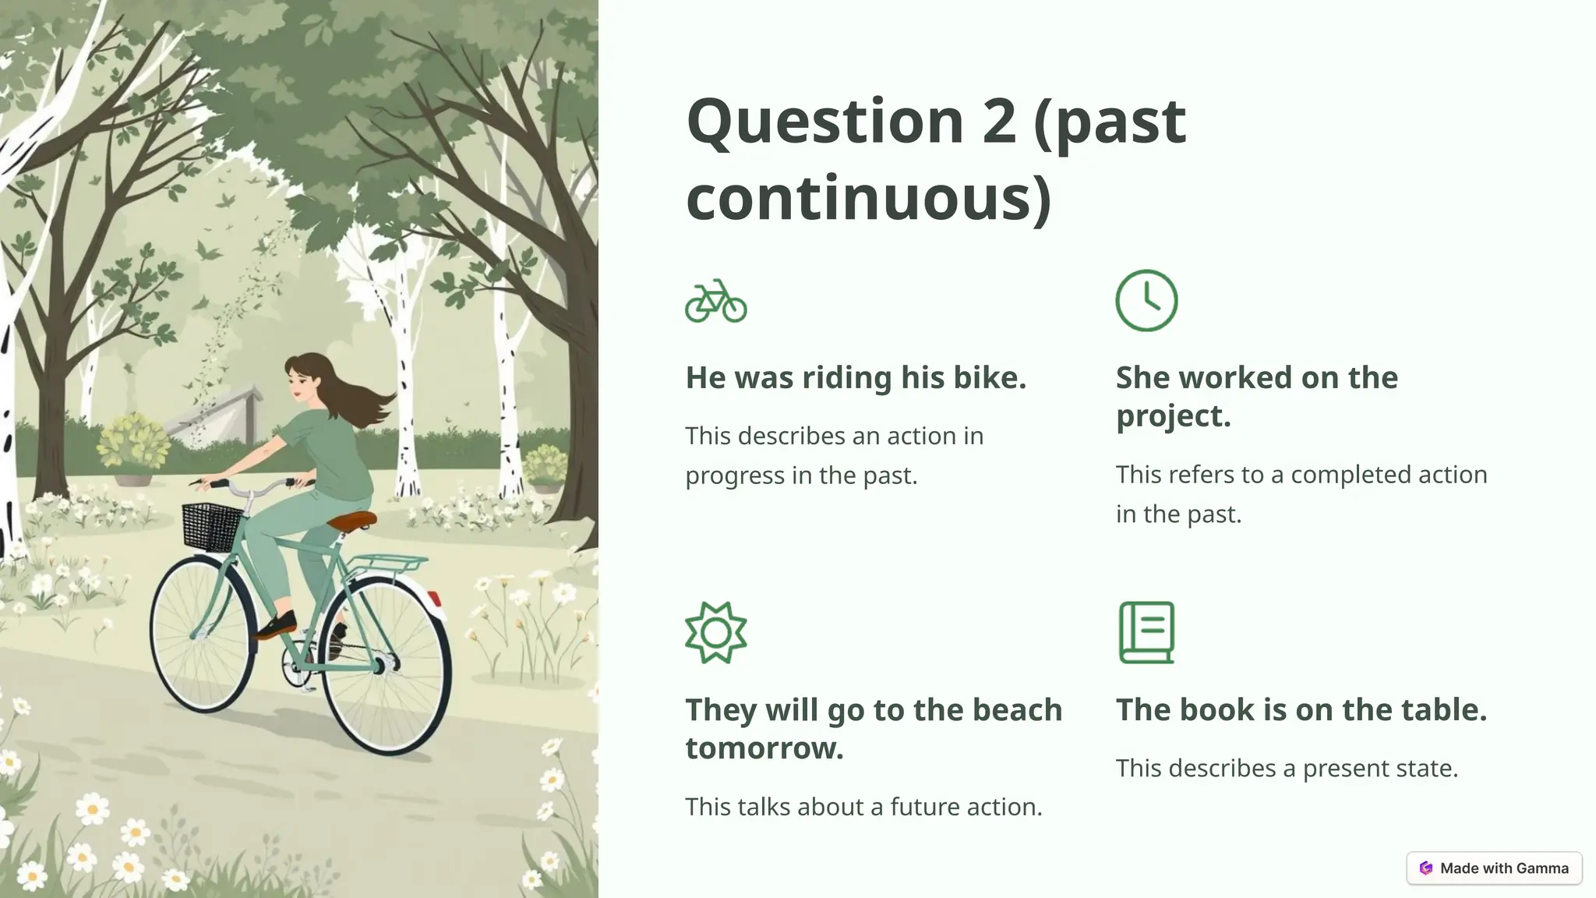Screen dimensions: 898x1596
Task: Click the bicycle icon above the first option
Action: pyautogui.click(x=715, y=302)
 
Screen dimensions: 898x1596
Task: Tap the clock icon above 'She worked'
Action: pyautogui.click(x=1146, y=301)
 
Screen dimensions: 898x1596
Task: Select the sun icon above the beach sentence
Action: pyautogui.click(x=715, y=633)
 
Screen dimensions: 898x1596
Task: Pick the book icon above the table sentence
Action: pyautogui.click(x=1146, y=633)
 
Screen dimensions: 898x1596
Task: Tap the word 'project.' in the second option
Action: pyautogui.click(x=1173, y=415)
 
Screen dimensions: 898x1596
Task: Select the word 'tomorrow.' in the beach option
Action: pyautogui.click(x=764, y=748)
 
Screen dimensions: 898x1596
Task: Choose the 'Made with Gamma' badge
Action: pyautogui.click(x=1494, y=868)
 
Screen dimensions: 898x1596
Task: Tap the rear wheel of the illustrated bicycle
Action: pyautogui.click(x=387, y=666)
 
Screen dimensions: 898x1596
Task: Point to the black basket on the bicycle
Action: pyautogui.click(x=212, y=524)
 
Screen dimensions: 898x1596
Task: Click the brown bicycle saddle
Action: pyautogui.click(x=351, y=521)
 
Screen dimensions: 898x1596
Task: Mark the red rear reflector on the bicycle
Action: pyautogui.click(x=433, y=599)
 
